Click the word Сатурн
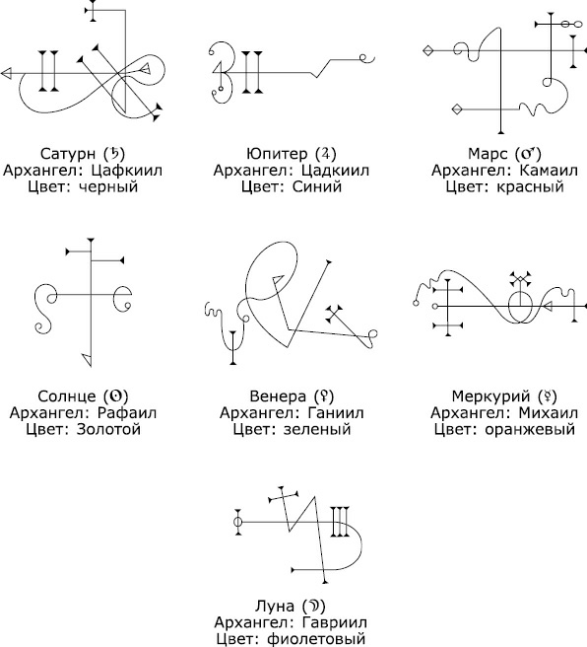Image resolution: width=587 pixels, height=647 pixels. (68, 154)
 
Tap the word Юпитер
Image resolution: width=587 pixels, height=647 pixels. (277, 154)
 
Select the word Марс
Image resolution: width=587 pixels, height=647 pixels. (488, 154)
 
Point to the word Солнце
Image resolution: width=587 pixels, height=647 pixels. (67, 396)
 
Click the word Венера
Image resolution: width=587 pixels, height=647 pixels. (278, 396)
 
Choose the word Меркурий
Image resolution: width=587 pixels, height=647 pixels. (490, 396)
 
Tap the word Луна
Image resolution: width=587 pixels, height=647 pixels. (275, 606)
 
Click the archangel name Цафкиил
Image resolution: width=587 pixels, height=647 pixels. (127, 170)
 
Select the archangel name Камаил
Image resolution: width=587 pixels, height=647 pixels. (549, 170)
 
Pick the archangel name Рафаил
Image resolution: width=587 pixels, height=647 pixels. (127, 412)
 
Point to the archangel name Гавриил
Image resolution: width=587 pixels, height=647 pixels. (334, 622)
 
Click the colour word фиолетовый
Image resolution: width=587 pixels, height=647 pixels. (316, 639)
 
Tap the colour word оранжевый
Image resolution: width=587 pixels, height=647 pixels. (530, 429)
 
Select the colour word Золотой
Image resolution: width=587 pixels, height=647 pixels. (108, 429)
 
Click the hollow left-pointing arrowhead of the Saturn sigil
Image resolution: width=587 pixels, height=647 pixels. (6, 74)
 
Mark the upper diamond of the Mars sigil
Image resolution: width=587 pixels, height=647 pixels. (428, 50)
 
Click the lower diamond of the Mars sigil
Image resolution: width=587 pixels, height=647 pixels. (457, 109)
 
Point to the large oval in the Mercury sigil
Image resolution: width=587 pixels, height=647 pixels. (509, 307)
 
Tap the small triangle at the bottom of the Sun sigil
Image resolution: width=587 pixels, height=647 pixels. (88, 359)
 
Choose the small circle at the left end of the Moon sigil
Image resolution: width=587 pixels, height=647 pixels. (237, 522)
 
